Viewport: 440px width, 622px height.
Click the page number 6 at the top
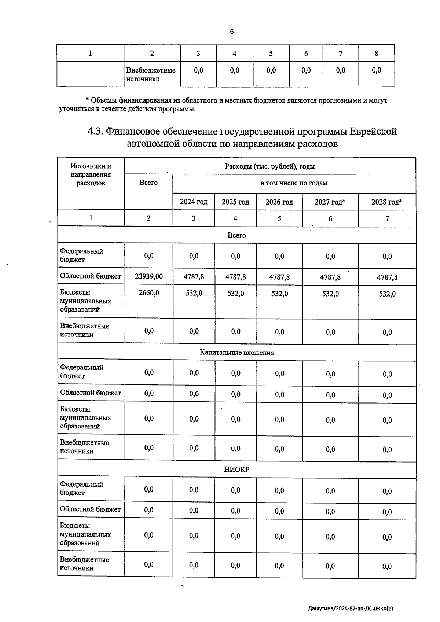[x=232, y=32]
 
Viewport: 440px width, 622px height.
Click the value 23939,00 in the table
[x=148, y=276]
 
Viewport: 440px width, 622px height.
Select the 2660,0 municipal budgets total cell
[x=148, y=293]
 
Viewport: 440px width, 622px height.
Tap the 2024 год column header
[x=194, y=202]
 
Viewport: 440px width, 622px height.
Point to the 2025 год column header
[x=235, y=202]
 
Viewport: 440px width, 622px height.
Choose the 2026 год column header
[x=279, y=202]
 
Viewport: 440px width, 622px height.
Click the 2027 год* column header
[x=330, y=202]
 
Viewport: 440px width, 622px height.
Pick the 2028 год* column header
[x=387, y=202]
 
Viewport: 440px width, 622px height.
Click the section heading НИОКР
[x=236, y=470]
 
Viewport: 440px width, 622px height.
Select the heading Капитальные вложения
[x=236, y=353]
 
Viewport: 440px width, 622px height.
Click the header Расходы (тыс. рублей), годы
[x=269, y=166]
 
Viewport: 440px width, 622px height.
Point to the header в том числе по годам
[x=294, y=183]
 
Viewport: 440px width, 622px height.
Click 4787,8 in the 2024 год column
[x=194, y=277]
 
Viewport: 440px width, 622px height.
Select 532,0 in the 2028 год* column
[x=387, y=294]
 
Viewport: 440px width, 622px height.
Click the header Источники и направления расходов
[x=91, y=174]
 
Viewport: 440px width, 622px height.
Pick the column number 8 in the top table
[x=376, y=54]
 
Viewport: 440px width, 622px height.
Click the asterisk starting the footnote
[x=87, y=100]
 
